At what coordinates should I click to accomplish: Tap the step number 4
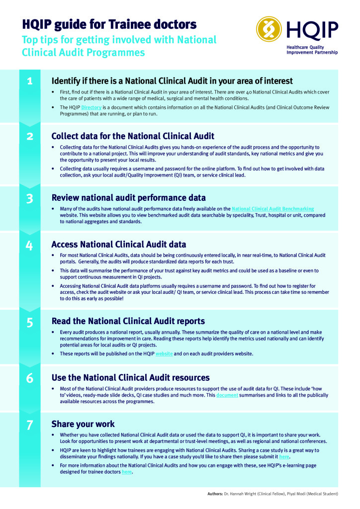coord(30,245)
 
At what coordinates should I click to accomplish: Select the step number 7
coord(30,424)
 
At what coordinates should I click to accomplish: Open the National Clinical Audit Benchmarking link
coord(272,209)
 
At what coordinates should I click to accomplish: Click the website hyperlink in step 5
coord(164,353)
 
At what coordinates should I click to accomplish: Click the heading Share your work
coord(83,424)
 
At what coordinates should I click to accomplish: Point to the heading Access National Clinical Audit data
coord(119,244)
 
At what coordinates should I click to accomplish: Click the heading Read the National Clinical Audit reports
coord(128,321)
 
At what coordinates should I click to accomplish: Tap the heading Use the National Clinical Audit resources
coord(130,377)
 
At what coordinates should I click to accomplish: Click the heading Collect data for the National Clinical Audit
coord(133,136)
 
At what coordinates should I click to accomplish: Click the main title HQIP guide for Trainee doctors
coord(109,24)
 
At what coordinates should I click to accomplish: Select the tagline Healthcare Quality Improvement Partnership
coord(312,50)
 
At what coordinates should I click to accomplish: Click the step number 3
coord(30,199)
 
